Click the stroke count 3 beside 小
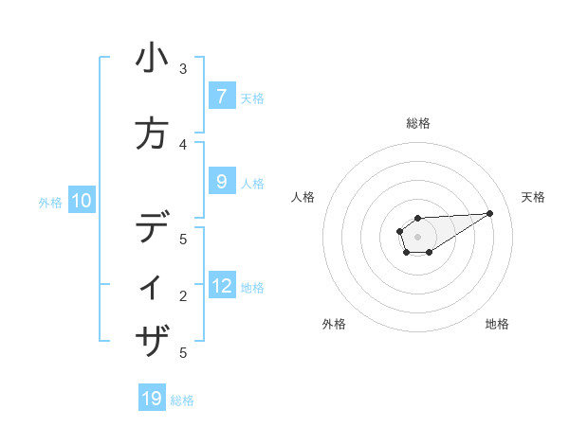[183, 69]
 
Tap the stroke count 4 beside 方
[183, 145]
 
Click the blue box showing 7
[221, 96]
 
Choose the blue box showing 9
[221, 182]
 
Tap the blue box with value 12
[222, 286]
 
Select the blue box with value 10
[81, 201]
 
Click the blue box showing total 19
[152, 399]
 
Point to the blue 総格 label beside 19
[182, 400]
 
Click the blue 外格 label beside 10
[50, 202]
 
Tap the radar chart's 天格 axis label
[533, 197]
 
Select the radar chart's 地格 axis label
[497, 324]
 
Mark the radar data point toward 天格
[490, 213]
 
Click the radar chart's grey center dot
[417, 237]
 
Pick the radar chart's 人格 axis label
[303, 197]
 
